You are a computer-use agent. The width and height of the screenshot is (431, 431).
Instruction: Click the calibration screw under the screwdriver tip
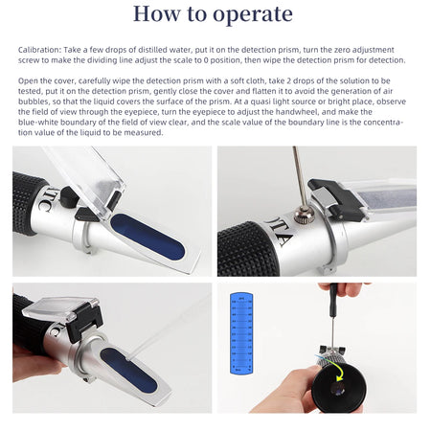pyautogui.click(x=305, y=216)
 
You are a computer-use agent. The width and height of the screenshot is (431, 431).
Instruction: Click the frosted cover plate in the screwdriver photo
pyautogui.click(x=378, y=206)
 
